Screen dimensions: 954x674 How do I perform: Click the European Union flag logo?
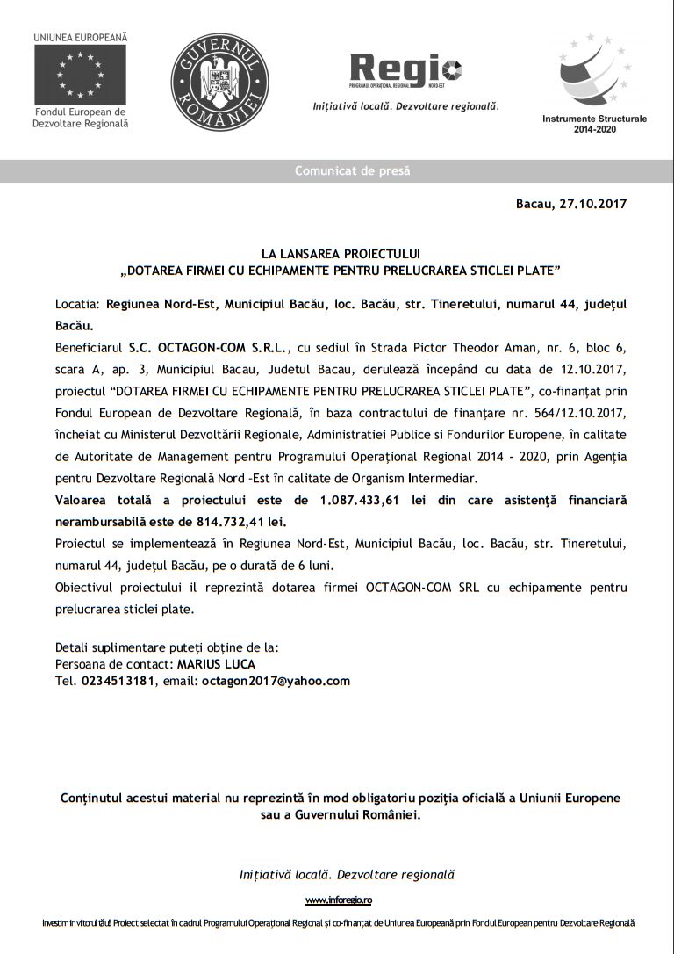80,74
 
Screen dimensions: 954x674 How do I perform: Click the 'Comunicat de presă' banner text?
352,171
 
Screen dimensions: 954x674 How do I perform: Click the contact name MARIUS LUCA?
216,664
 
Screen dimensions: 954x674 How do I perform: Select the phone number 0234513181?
118,681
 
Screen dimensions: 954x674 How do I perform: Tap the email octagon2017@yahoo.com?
276,681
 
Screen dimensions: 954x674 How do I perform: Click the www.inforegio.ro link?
339,900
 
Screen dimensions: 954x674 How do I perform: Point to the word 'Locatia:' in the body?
77,304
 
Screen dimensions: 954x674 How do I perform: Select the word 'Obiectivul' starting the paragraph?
83,586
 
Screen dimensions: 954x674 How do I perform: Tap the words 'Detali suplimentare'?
107,647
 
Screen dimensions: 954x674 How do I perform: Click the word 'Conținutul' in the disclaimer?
93,798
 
